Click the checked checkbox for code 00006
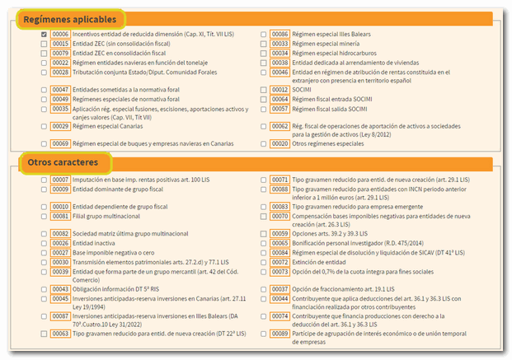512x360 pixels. tap(43, 35)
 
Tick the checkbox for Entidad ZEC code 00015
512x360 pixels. tap(43, 44)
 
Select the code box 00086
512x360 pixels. tap(280, 35)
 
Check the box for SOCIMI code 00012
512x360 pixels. tap(263, 90)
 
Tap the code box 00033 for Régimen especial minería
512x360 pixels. tap(280, 44)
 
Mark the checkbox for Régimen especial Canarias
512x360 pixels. tap(43, 126)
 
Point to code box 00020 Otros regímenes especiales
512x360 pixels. tap(280, 143)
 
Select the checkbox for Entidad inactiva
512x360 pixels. tap(43, 244)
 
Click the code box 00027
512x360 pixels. tap(60, 253)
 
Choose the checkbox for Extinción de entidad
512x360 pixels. tap(263, 261)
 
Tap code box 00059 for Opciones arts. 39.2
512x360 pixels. tap(280, 234)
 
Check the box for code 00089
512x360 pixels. tap(263, 334)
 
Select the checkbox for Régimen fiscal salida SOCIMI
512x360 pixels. tap(263, 108)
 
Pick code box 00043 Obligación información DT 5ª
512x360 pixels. tap(60, 289)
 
